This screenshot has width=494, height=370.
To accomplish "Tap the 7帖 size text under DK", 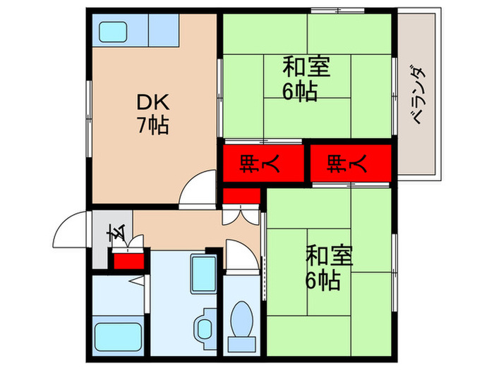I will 152,125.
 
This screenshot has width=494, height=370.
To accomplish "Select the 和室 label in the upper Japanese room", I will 307,68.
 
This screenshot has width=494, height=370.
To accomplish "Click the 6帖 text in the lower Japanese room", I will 324,280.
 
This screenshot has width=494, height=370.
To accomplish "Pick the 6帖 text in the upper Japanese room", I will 300,92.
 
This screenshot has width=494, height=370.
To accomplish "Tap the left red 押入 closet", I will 251,165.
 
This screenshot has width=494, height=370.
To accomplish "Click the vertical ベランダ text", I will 418,95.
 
